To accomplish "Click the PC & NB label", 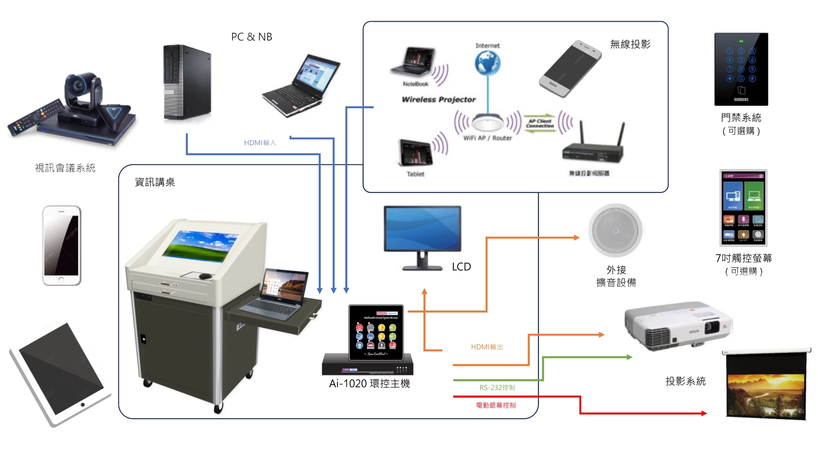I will (251, 37).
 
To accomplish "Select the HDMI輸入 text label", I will (260, 143).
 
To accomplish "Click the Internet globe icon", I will (487, 63).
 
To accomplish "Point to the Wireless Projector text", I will (438, 99).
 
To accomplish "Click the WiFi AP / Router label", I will (487, 138).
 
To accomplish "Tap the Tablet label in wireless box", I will (415, 174).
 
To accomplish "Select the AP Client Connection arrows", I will (540, 124).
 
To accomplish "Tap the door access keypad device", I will (741, 69).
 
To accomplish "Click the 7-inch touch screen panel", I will (743, 208).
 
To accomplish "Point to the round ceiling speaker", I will (616, 230).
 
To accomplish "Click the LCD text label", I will (461, 267).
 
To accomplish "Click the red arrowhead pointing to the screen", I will (703, 413).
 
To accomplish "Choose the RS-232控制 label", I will (497, 388).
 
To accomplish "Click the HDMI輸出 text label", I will (487, 347).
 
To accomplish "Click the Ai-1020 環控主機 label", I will (369, 384).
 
